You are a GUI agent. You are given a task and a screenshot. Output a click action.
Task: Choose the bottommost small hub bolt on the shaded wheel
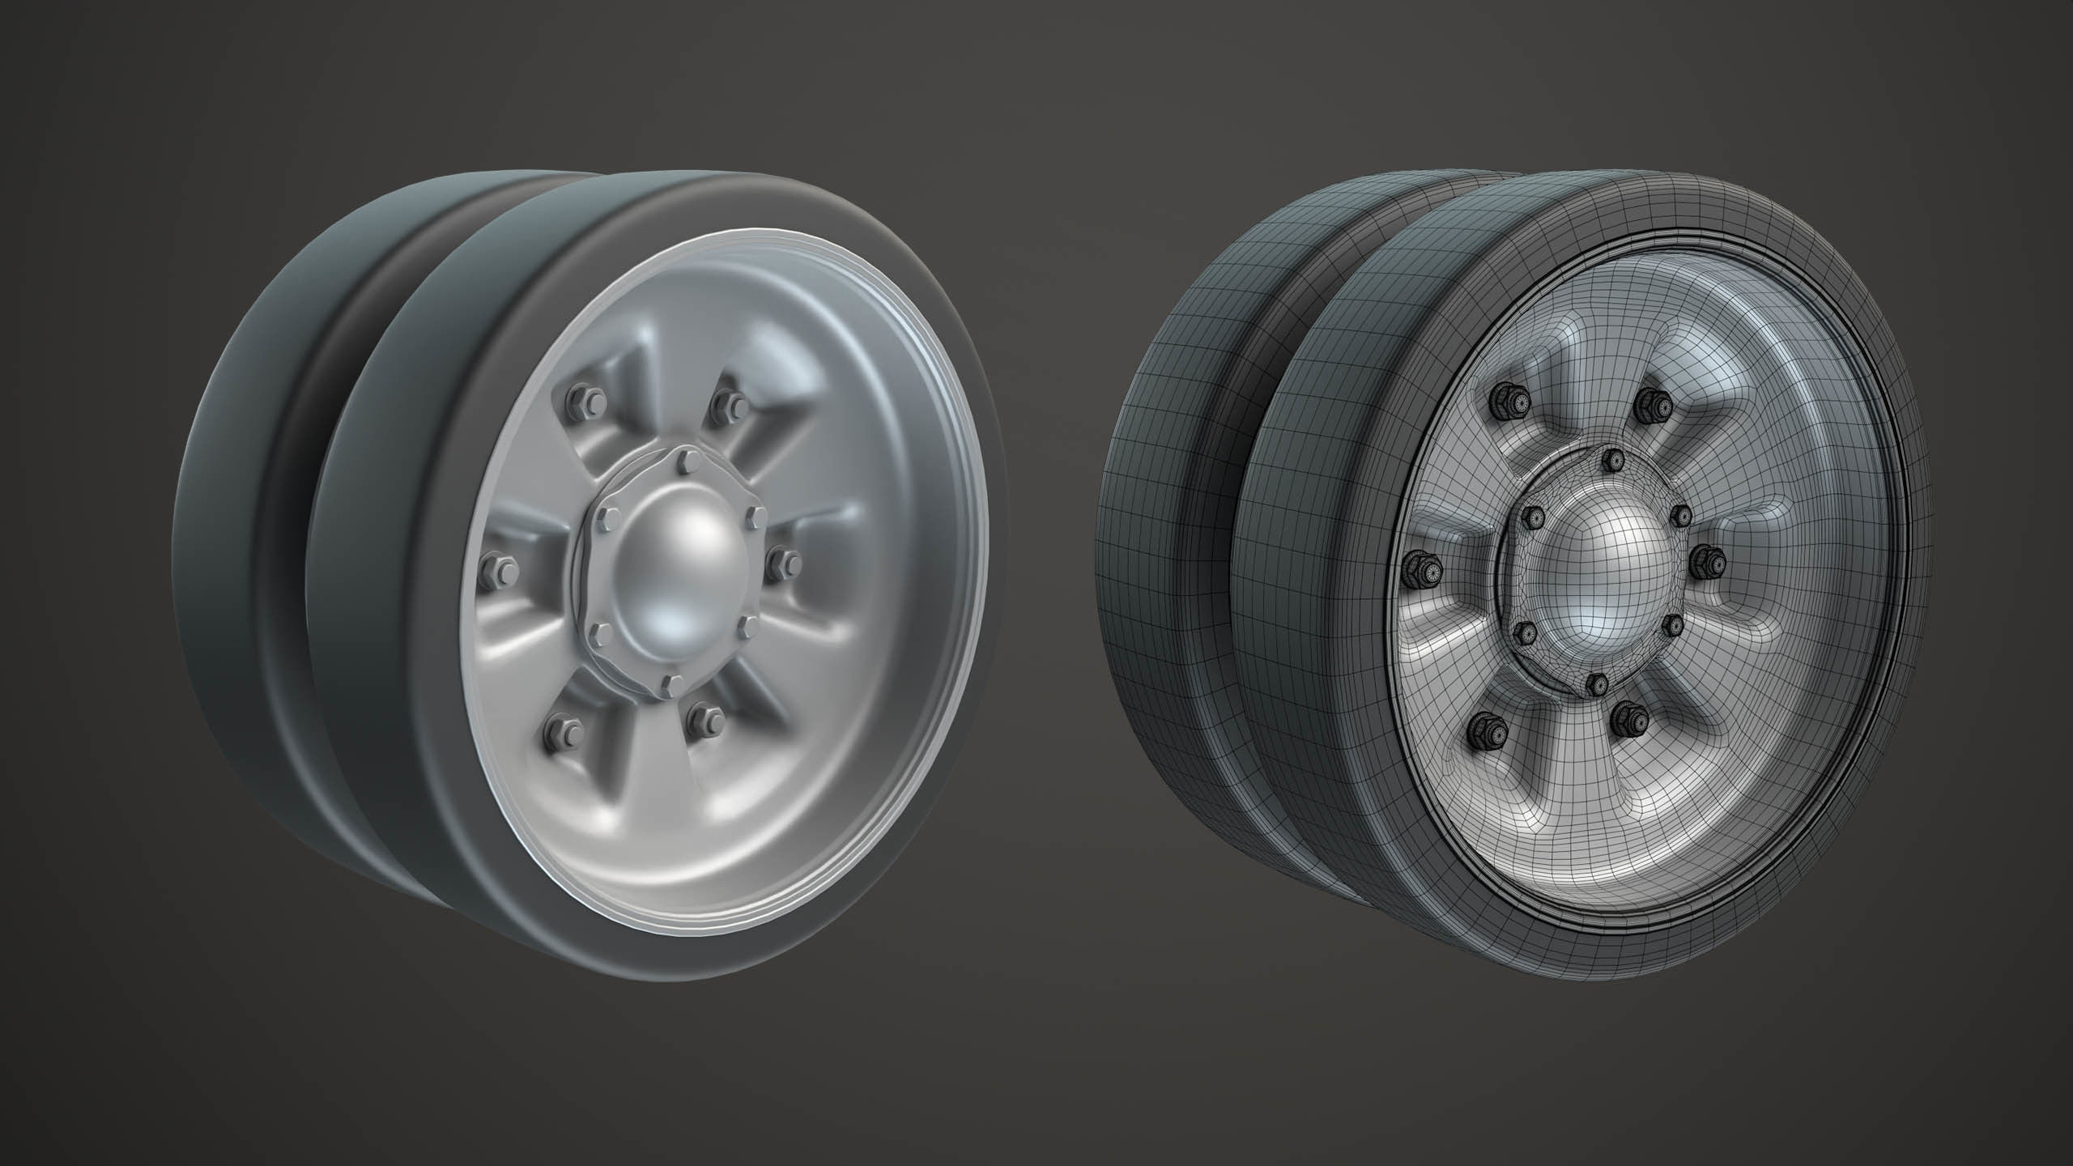[x=669, y=685]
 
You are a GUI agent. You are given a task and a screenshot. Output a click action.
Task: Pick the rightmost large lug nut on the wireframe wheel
[x=1710, y=558]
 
